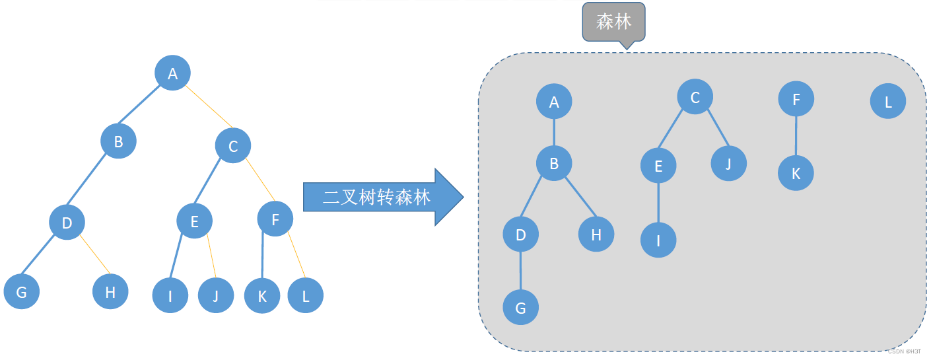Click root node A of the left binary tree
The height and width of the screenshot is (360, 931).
pyautogui.click(x=172, y=73)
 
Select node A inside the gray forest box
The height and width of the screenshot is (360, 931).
pyautogui.click(x=553, y=102)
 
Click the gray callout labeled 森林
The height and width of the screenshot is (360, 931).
pyautogui.click(x=613, y=22)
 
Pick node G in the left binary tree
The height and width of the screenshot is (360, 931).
pyautogui.click(x=21, y=292)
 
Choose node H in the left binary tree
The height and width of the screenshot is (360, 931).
pyautogui.click(x=110, y=291)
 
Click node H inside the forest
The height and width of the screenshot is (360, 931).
pyautogui.click(x=596, y=234)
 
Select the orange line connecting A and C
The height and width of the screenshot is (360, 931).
pyautogui.click(x=208, y=106)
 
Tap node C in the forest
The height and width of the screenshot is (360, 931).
pyautogui.click(x=695, y=98)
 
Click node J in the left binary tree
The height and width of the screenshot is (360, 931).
pyautogui.click(x=215, y=295)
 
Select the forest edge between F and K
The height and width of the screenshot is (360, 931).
pyautogui.click(x=796, y=136)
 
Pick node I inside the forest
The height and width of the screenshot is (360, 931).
pyautogui.click(x=658, y=240)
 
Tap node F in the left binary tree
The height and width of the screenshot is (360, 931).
pyautogui.click(x=275, y=218)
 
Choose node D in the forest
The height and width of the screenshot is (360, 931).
pyautogui.click(x=520, y=234)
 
